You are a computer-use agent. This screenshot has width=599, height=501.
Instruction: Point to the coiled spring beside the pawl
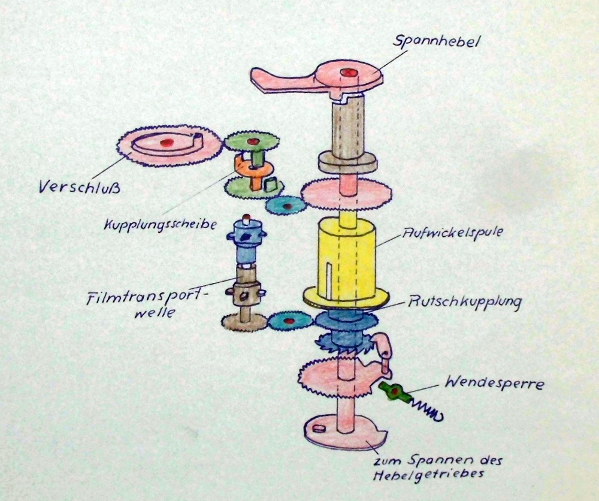[x=426, y=409]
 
